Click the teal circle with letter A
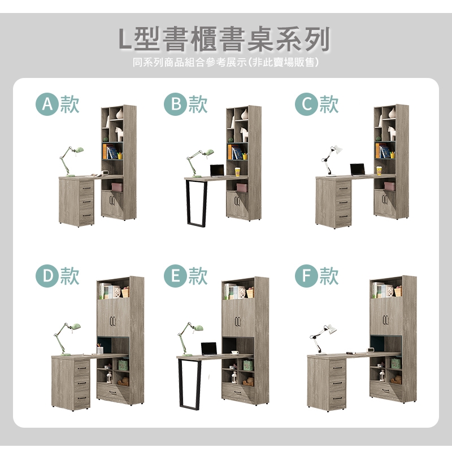point(47,105)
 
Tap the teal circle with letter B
point(175,105)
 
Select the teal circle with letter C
point(306,105)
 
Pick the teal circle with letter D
point(47,276)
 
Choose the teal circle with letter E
point(175,276)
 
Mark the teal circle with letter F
point(306,276)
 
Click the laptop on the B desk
point(217,171)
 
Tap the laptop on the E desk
point(209,349)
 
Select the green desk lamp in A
point(71,161)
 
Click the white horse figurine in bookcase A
point(119,134)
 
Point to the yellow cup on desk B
point(237,172)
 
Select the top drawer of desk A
point(86,188)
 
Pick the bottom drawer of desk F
point(337,399)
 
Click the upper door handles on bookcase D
point(112,321)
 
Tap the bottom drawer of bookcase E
point(238,393)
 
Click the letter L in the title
point(125,39)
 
